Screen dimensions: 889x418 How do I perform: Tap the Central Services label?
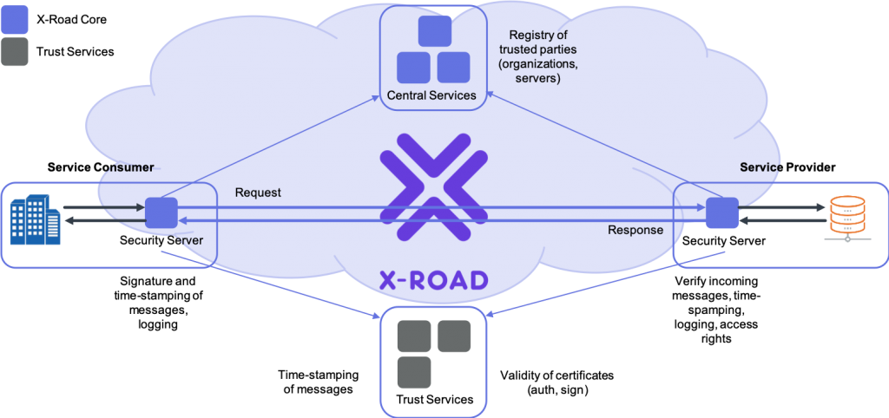click(431, 95)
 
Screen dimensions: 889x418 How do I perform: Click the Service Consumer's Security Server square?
click(161, 213)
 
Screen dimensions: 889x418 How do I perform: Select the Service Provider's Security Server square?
click(721, 213)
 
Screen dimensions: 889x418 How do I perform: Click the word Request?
click(258, 193)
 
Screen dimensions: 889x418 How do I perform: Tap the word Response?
click(635, 230)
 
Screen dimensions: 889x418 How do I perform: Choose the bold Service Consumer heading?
click(101, 167)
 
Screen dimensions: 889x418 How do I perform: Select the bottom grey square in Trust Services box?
click(414, 372)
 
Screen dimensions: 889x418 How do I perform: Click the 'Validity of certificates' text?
click(557, 376)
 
